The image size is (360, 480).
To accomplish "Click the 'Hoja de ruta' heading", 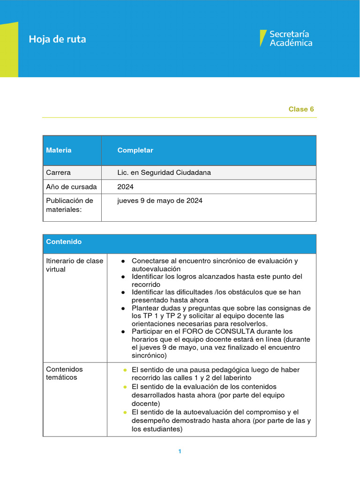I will [x=57, y=39].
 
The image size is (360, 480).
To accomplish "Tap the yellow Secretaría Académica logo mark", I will [x=263, y=38].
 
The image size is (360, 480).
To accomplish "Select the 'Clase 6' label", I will [x=301, y=109].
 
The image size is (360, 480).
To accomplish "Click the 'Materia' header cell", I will [x=59, y=150].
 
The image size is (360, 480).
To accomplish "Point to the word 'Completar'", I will [x=135, y=150].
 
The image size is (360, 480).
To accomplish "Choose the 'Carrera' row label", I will [x=58, y=172].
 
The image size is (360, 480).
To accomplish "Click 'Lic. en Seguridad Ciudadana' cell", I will [x=164, y=172].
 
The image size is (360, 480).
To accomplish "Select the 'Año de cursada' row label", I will [x=71, y=187].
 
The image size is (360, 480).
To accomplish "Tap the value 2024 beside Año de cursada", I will [x=125, y=187].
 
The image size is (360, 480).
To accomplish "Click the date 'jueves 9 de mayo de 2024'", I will [x=160, y=201].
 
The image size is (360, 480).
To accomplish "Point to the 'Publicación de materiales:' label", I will [x=69, y=205].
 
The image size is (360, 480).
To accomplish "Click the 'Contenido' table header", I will [x=64, y=242].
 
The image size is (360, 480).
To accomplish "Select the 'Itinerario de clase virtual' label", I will [x=74, y=265].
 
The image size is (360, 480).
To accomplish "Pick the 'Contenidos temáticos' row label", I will [x=64, y=373].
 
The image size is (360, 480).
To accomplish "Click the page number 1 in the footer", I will [x=180, y=451].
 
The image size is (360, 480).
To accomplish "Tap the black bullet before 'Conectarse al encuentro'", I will [x=123, y=261].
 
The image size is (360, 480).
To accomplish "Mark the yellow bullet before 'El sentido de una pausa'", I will [x=125, y=370].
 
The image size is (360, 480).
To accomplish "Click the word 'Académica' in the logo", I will [x=291, y=43].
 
